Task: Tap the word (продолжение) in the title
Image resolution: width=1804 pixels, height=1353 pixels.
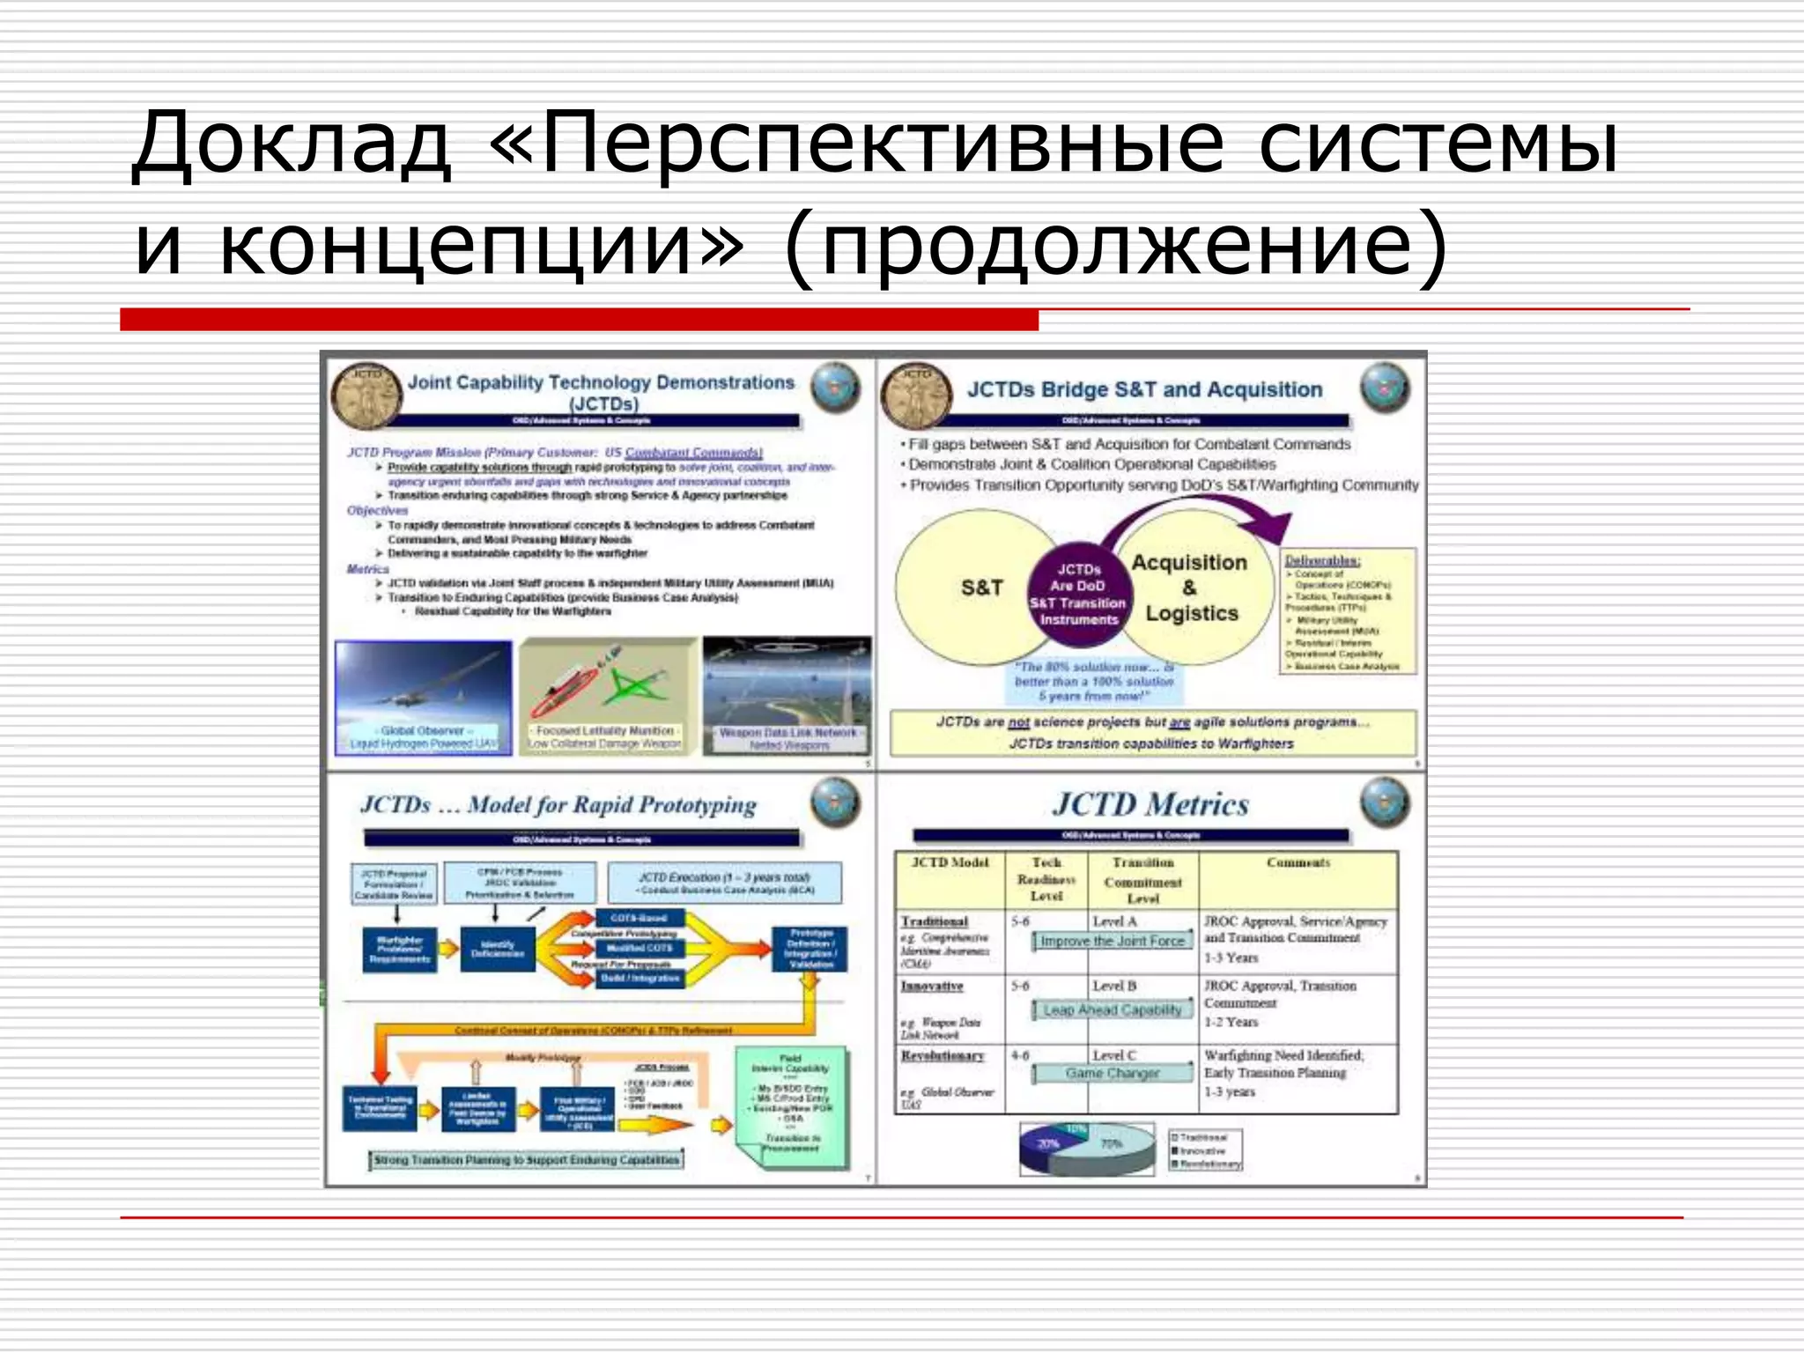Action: tap(1114, 247)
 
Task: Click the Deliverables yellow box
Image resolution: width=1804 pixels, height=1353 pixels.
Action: tap(1347, 612)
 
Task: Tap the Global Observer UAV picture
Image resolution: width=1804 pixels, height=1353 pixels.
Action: tap(424, 696)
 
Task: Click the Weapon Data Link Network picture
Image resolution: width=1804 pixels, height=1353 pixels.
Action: tap(787, 696)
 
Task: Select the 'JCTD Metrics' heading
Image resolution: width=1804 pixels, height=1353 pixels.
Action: tap(1151, 804)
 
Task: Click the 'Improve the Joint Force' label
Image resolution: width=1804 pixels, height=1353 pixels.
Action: tap(1112, 941)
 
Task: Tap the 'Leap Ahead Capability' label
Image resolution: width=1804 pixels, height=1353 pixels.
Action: tap(1112, 1009)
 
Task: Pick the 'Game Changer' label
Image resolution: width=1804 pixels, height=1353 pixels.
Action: tap(1112, 1073)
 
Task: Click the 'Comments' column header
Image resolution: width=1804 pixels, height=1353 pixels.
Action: tap(1298, 863)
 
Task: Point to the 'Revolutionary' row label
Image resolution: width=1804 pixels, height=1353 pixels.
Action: tap(943, 1055)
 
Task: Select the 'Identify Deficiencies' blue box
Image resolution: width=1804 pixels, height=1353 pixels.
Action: tap(498, 949)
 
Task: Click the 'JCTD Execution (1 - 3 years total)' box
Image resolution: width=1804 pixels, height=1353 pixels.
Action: tap(725, 883)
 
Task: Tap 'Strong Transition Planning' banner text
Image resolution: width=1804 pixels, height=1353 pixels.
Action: tap(526, 1160)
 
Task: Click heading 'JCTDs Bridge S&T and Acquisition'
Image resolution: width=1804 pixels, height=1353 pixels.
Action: tap(1144, 389)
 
